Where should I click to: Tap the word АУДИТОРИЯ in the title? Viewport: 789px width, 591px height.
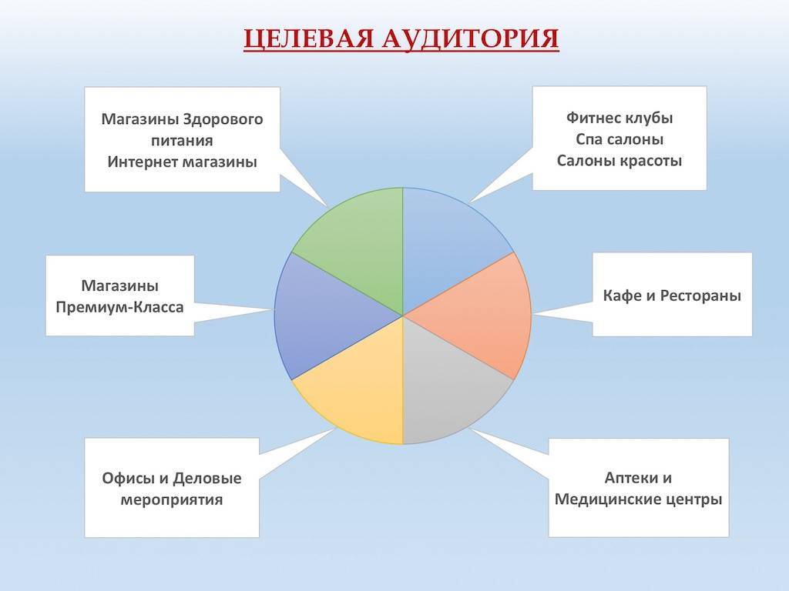pos(471,38)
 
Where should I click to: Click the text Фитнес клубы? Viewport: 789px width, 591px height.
pos(619,118)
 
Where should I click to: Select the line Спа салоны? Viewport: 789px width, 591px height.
pos(619,139)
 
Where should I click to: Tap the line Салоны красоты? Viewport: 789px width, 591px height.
pos(619,161)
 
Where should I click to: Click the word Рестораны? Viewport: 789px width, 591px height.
pos(700,295)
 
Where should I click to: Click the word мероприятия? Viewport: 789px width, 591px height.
pos(172,500)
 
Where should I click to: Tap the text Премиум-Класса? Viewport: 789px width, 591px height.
pos(119,307)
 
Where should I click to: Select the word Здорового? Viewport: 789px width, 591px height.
pos(223,119)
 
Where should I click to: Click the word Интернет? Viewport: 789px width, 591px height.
pos(143,162)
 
